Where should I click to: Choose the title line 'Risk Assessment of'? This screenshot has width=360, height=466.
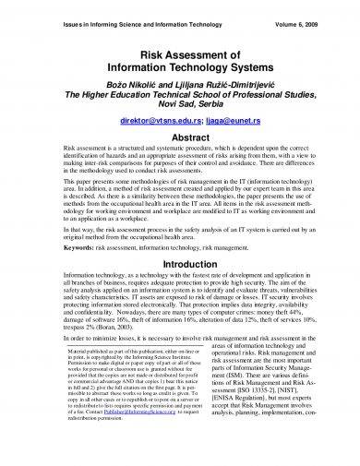click(x=180, y=58)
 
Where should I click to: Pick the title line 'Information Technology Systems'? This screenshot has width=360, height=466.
click(x=180, y=72)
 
